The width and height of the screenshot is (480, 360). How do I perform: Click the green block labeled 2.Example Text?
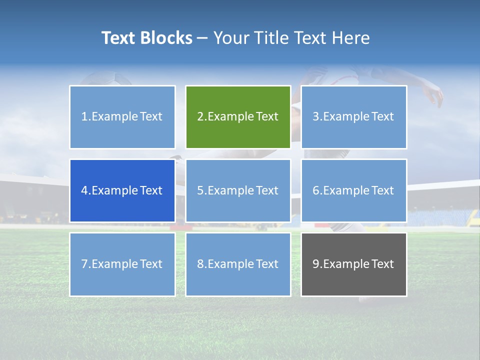(238, 117)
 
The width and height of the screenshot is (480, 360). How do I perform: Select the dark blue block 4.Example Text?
(122, 190)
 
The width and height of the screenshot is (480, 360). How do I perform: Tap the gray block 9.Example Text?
(353, 264)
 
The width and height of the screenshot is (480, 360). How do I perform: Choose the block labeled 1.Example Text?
(122, 117)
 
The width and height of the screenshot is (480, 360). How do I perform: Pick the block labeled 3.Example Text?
(353, 117)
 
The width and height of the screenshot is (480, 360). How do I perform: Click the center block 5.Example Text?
(238, 190)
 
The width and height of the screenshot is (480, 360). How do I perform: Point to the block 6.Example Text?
(353, 190)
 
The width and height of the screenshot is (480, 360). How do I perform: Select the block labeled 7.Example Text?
(122, 264)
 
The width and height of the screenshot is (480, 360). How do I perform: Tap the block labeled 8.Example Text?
(238, 264)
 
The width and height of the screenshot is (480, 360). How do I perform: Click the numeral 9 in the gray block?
(316, 264)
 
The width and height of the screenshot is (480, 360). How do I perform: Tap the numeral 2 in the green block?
(200, 117)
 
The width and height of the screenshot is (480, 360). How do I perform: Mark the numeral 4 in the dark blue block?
(84, 190)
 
